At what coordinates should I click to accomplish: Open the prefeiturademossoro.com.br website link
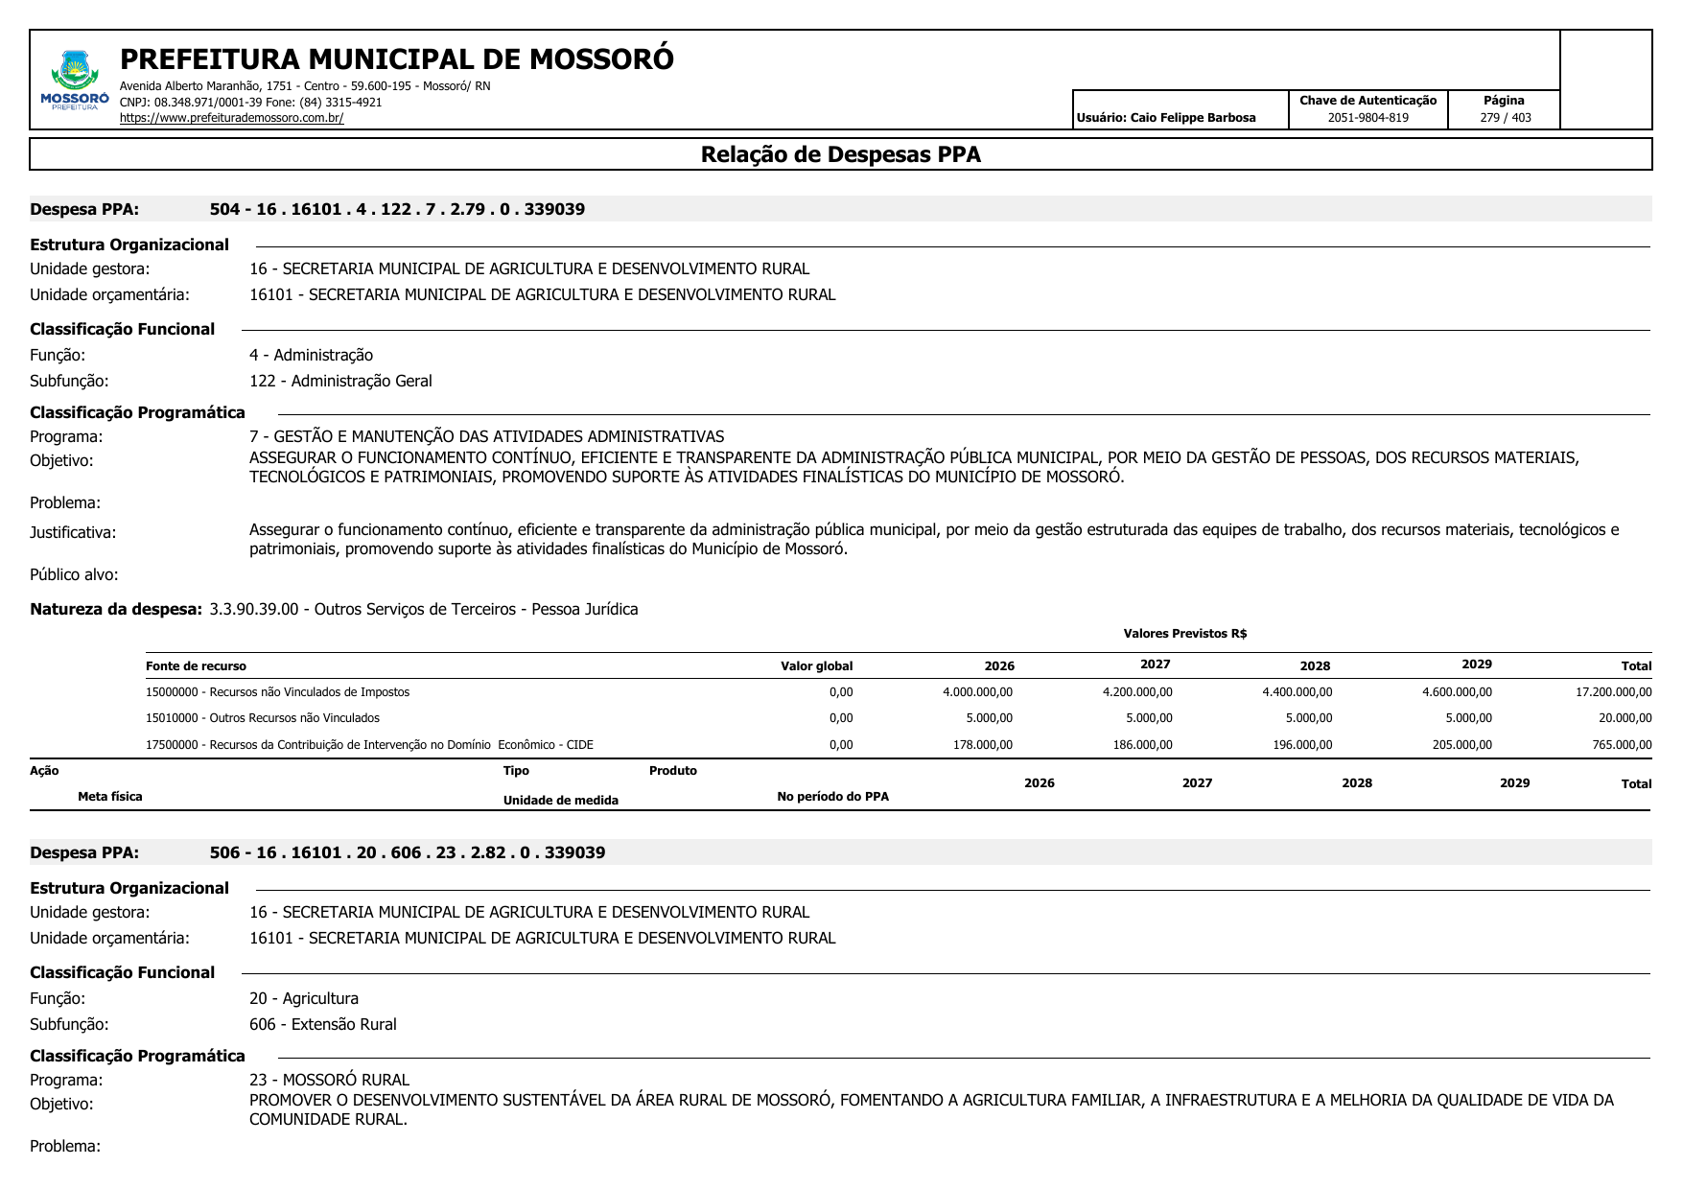(231, 118)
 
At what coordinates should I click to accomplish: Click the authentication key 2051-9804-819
(1367, 118)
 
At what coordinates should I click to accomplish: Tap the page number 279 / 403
(1505, 118)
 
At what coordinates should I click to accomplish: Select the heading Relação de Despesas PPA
(840, 154)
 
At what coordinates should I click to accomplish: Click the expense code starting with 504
(397, 209)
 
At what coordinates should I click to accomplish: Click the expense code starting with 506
(408, 852)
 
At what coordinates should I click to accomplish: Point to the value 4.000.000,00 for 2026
(977, 692)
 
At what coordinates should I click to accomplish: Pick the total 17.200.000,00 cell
(1613, 692)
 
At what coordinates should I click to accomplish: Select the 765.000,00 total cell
(1622, 745)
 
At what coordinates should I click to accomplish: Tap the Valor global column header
(816, 666)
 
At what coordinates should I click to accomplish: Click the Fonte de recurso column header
(196, 666)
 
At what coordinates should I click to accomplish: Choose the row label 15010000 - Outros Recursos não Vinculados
(263, 718)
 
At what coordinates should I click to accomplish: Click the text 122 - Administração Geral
(340, 381)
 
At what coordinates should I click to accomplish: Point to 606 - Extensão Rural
(322, 1024)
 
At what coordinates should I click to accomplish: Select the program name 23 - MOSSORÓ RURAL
(329, 1080)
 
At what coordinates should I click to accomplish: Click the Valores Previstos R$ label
(1184, 634)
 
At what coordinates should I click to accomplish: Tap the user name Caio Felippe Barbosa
(1166, 118)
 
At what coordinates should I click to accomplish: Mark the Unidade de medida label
(560, 801)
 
